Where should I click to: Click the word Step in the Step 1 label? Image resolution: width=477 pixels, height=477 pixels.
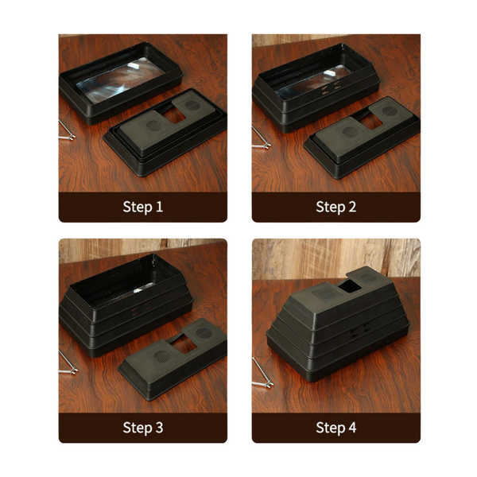click(138, 207)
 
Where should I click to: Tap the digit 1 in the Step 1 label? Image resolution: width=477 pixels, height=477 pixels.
click(159, 207)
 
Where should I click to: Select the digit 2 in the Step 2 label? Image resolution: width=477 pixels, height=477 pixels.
click(352, 207)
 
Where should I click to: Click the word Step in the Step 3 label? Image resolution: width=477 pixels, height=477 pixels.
click(138, 428)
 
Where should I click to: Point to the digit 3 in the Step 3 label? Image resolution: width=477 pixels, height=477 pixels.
click(159, 427)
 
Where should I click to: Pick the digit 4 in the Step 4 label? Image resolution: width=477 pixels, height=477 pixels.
click(352, 427)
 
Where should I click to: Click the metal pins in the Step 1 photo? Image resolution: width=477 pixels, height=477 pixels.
click(67, 131)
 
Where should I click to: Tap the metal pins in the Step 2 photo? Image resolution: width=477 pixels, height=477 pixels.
click(261, 138)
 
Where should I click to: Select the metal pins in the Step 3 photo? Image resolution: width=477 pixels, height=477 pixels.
click(68, 363)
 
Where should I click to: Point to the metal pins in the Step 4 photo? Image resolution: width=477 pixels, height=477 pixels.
click(262, 374)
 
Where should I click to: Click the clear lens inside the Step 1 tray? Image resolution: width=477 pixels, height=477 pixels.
click(121, 79)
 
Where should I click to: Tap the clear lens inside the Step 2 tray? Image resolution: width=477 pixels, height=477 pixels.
click(313, 82)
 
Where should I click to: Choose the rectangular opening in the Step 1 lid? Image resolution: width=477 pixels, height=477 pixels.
click(174, 114)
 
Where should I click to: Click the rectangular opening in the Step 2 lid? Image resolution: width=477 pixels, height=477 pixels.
click(371, 122)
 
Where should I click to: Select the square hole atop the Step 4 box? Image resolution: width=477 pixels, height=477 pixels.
click(350, 287)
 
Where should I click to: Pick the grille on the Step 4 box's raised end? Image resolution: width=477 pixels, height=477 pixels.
click(368, 277)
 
